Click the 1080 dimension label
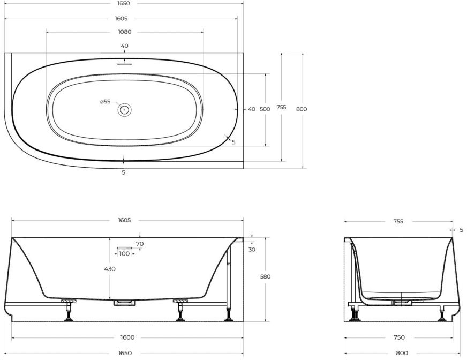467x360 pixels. tap(125, 32)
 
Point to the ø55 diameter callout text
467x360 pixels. tap(106, 102)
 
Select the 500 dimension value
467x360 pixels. tap(265, 109)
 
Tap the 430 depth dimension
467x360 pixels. tap(110, 269)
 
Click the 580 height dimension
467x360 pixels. tap(265, 276)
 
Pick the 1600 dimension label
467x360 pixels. tap(127, 337)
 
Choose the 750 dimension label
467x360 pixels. tap(399, 337)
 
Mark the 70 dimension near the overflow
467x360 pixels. tap(140, 244)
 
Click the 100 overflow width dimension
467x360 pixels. tap(124, 253)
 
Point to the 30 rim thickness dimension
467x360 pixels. tap(252, 250)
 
